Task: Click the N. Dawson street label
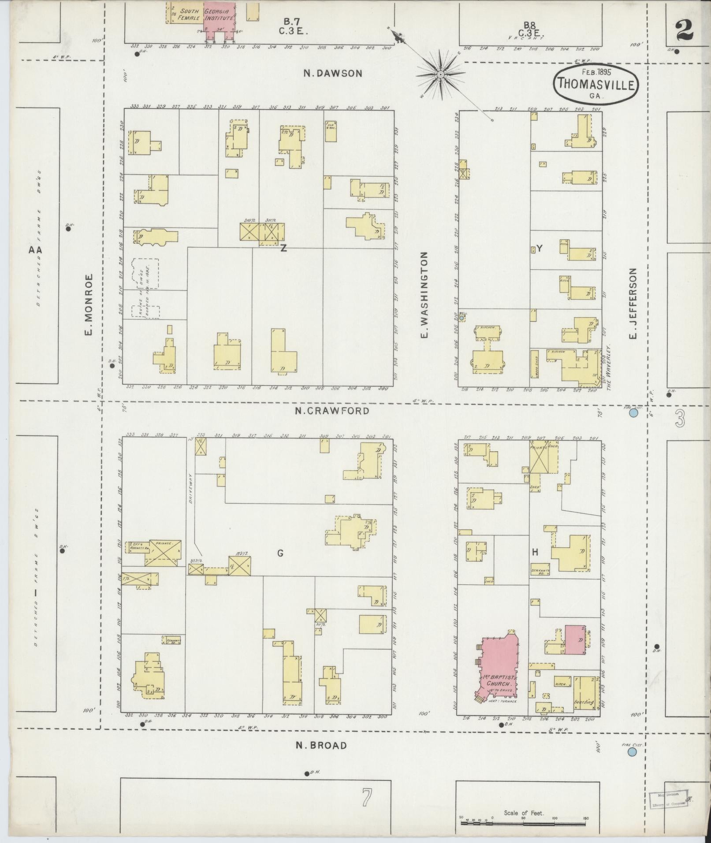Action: tap(333, 74)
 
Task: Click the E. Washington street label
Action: tap(424, 295)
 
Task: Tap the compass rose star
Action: tap(440, 75)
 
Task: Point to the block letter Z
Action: tap(283, 248)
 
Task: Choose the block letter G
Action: tap(280, 553)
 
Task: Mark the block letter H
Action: tap(535, 553)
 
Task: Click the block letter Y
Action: tap(539, 248)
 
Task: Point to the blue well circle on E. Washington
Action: tap(462, 318)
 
